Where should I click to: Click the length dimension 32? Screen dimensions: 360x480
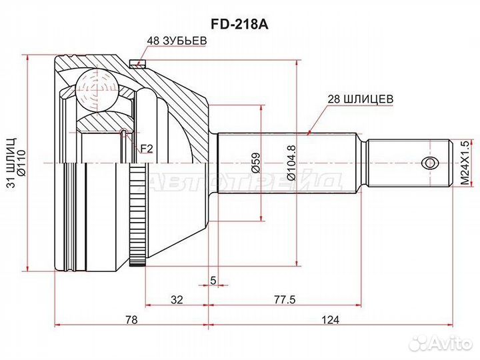176,300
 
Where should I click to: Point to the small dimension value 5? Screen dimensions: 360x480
213,280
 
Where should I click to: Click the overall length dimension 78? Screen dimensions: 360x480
131,320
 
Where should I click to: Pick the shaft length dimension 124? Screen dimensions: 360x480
331,320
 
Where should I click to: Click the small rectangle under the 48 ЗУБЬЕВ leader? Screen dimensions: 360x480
139,64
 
